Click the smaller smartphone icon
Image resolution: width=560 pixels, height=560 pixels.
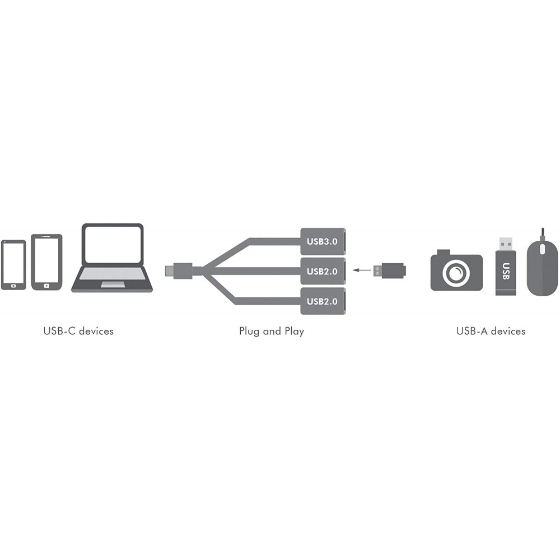13,265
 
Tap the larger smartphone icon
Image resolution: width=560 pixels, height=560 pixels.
47,262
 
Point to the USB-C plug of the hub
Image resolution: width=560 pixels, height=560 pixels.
179,270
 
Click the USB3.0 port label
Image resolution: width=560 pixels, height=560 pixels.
322,241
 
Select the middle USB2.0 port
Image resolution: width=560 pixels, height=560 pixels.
323,271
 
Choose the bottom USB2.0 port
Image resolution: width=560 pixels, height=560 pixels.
323,301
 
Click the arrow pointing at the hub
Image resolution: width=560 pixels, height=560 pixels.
362,270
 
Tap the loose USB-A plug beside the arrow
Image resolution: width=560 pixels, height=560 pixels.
389,270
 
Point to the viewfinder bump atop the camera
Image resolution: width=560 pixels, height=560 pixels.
443,252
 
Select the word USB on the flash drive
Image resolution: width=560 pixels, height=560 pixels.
506,271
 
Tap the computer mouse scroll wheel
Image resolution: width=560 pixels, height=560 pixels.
542,249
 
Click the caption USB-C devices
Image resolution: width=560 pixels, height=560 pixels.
78,331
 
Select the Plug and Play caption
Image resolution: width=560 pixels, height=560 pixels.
272,332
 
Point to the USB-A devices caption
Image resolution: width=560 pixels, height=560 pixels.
491,331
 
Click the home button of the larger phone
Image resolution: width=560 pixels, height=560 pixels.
47,286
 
